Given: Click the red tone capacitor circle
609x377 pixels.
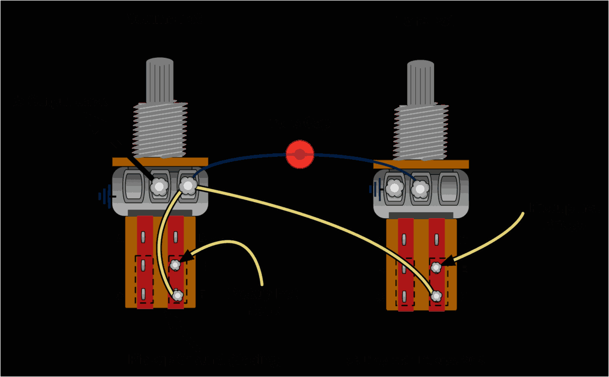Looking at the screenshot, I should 300,154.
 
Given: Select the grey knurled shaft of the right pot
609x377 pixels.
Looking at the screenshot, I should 420,83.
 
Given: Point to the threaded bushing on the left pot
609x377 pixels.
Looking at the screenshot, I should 160,130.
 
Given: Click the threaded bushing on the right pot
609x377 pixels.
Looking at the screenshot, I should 421,132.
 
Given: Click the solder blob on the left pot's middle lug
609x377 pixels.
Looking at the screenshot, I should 159,187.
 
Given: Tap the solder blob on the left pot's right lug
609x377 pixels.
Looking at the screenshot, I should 188,186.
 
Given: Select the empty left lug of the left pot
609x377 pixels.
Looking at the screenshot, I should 132,187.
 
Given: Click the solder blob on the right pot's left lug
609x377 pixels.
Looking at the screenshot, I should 395,189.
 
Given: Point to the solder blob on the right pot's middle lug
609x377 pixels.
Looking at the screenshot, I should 420,189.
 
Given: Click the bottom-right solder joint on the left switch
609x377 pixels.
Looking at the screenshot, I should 177,296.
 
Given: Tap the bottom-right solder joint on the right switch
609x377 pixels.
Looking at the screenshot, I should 437,296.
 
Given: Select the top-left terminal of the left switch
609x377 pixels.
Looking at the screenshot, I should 144,236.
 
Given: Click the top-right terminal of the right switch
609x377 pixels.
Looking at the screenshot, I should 437,238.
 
